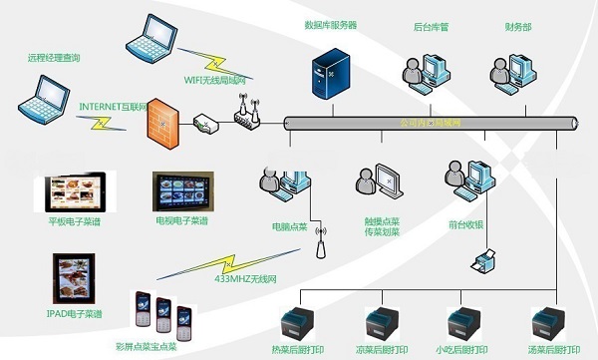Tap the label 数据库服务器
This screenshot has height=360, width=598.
point(330,23)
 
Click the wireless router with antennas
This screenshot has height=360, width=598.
point(245,115)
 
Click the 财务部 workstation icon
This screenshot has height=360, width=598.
point(512,71)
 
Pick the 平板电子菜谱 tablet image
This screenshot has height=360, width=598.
point(75,192)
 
